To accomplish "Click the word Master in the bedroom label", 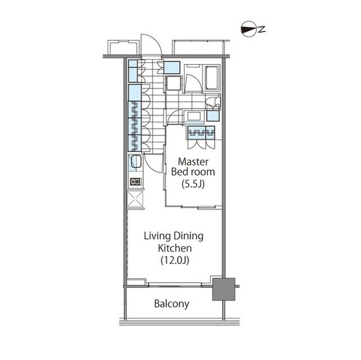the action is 193,162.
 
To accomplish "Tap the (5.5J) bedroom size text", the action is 193,184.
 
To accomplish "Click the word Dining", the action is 188,236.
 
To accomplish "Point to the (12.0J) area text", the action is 175,260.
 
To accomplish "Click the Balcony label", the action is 171,304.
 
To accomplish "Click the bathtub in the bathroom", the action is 213,78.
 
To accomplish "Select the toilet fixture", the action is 213,102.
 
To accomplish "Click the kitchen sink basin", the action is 136,162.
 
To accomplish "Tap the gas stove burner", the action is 135,181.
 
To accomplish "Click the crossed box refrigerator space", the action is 135,199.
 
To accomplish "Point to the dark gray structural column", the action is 223,289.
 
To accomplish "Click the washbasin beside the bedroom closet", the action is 194,116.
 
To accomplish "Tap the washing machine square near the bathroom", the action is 174,83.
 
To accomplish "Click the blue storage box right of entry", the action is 172,68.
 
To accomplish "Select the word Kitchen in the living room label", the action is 175,248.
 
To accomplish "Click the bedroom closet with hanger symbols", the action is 201,132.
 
